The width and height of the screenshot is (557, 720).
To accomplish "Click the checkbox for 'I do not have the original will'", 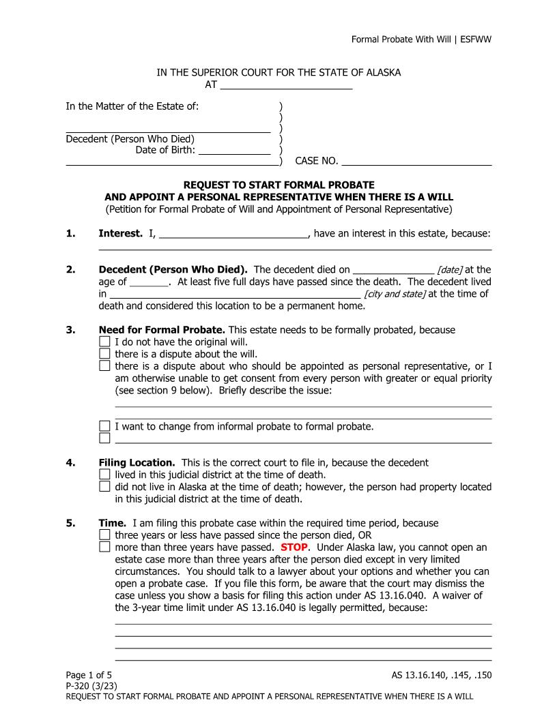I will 104,342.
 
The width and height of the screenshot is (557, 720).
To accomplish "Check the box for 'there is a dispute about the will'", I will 104,353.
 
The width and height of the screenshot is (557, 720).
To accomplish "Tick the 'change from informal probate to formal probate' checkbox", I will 104,427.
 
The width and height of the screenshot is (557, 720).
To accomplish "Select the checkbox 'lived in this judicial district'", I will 104,475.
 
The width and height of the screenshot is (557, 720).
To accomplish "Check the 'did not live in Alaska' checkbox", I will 104,487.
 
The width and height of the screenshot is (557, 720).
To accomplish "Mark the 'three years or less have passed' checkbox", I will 104,535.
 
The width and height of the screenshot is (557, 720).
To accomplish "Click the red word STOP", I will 294,547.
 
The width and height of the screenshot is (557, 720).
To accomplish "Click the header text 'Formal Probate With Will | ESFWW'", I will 421,39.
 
